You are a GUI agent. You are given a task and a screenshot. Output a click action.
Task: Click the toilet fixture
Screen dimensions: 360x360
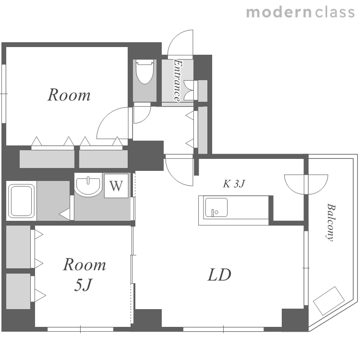144,72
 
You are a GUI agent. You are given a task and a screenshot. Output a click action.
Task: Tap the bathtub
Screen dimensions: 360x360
21,201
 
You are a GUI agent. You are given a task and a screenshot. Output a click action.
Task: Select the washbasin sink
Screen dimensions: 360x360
88,185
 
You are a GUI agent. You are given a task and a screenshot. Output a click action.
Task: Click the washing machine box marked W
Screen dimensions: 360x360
116,186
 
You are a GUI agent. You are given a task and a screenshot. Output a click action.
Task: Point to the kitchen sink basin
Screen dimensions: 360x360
216,207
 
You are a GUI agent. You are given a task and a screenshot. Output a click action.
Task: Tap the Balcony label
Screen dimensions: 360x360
331,222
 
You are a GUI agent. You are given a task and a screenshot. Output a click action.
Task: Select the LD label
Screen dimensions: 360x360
219,275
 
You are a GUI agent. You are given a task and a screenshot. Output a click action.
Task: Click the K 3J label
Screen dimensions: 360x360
234,184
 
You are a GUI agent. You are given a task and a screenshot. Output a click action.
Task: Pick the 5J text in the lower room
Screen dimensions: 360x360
83,285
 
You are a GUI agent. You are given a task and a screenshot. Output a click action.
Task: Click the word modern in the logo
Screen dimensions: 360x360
279,12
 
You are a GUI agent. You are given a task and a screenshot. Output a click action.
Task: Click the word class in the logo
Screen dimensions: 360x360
335,12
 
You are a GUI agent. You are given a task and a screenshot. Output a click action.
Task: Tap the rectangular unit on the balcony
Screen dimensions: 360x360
329,301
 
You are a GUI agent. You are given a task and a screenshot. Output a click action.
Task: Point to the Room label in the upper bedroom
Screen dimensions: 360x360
69,95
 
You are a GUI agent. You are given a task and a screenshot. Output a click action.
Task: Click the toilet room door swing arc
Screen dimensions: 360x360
147,117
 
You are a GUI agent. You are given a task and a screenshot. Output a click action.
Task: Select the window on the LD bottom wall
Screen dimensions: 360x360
223,329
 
